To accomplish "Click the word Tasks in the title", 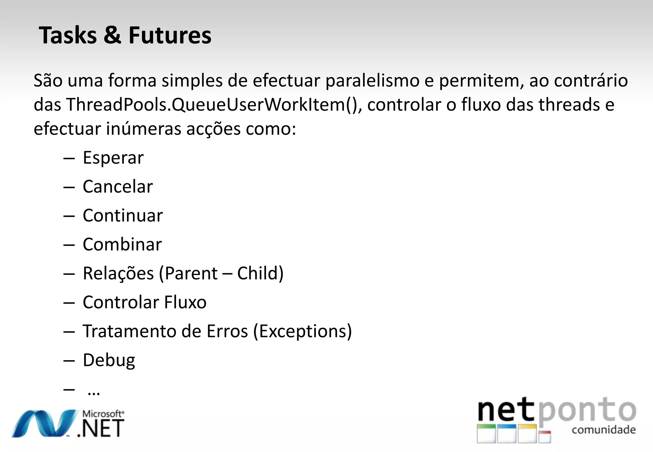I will pos(67,35).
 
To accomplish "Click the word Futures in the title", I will pos(170,35).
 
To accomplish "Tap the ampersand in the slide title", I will pos(112,35).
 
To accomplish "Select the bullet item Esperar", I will pos(113,158).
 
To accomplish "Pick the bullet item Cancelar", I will pos(118,187).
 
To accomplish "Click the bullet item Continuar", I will pos(123,216).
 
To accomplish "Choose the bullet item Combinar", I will pos(122,245).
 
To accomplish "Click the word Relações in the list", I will pos(118,274).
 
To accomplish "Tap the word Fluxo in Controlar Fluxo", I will pos(185,303).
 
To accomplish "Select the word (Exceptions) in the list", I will pos(302,332).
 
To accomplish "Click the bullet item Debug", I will pos(109,361).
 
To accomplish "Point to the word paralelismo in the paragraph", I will pos(372,81).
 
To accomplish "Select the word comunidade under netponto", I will pos(604,430).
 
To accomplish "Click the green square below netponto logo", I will pos(486,434).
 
